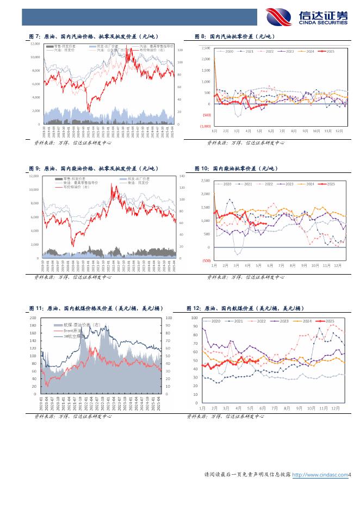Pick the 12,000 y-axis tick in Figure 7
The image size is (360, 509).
pos(35,44)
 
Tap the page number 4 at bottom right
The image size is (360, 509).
pos(351,475)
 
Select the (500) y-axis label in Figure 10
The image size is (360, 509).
pos(206,260)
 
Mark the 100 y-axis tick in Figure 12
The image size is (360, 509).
pos(194,317)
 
